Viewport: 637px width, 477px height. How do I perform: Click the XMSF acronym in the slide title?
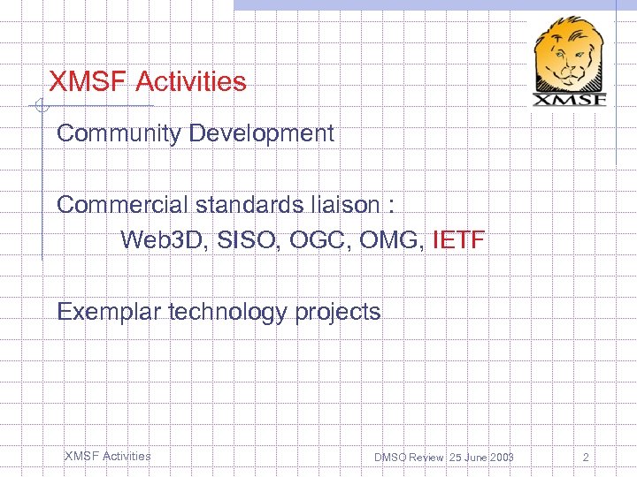(88, 82)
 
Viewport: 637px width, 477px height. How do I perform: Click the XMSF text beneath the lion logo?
(571, 98)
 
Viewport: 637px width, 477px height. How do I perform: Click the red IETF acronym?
(458, 239)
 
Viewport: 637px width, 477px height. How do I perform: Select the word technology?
(228, 312)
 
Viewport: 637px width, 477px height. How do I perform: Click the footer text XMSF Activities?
(107, 456)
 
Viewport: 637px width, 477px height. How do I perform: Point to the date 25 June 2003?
(481, 458)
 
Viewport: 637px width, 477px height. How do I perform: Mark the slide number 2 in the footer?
(586, 458)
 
